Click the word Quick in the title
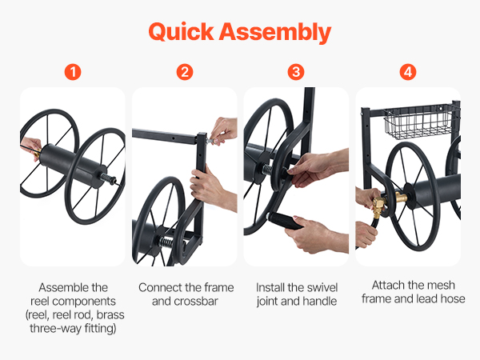pos(181,32)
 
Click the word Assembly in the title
pos(275,33)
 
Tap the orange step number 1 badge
pos(73,72)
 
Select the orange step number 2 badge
pos(185,72)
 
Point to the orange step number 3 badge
pos(296,72)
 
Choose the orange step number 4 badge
pos(408,72)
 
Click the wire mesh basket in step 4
pos(418,122)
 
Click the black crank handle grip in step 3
pos(286,221)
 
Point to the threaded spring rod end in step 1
pos(108,178)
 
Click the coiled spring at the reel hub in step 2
pos(166,242)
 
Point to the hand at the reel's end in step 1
pos(30,148)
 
